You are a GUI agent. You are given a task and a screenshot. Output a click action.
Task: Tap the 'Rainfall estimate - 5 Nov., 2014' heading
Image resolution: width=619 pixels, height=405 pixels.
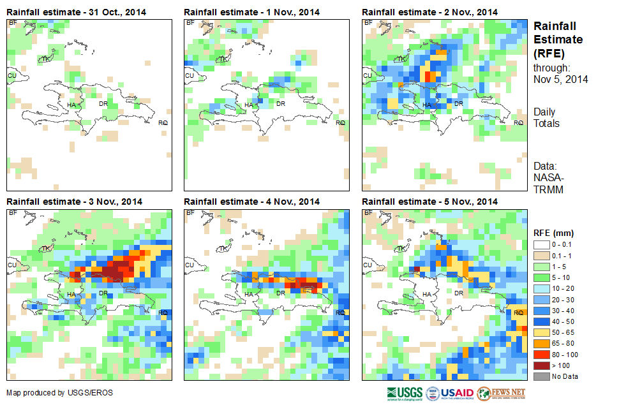pyautogui.click(x=429, y=202)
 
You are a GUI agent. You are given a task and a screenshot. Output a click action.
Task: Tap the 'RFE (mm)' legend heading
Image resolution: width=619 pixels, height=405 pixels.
pyautogui.click(x=549, y=233)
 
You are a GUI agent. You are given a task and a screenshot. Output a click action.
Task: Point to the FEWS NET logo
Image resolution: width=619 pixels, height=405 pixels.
pyautogui.click(x=500, y=393)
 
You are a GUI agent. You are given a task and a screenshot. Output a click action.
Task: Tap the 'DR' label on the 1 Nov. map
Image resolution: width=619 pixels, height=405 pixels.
pyautogui.click(x=280, y=103)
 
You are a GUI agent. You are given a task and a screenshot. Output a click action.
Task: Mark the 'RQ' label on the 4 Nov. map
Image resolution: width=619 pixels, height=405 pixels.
pyautogui.click(x=340, y=313)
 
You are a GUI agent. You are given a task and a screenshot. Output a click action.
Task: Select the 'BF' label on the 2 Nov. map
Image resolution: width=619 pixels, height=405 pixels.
pyautogui.click(x=368, y=23)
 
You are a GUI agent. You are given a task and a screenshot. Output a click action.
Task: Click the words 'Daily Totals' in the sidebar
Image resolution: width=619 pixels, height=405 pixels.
pyautogui.click(x=546, y=117)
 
